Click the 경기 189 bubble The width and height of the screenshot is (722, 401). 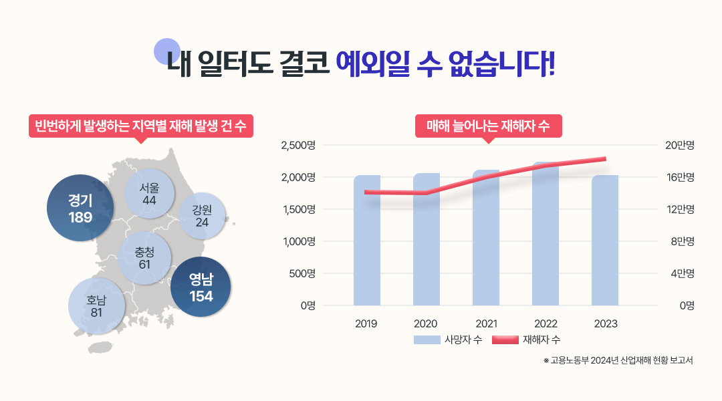pyautogui.click(x=80, y=208)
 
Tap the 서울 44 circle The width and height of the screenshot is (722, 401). pyautogui.click(x=150, y=194)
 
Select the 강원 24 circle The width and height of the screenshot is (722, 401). pyautogui.click(x=203, y=216)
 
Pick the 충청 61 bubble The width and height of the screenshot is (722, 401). pyautogui.click(x=144, y=257)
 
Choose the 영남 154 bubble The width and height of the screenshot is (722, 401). pyautogui.click(x=201, y=287)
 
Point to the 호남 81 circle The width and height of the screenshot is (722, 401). pyautogui.click(x=96, y=305)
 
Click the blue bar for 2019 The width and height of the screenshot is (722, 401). pyautogui.click(x=367, y=241)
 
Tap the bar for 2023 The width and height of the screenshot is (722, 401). pyautogui.click(x=605, y=241)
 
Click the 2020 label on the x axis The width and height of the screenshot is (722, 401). pyautogui.click(x=426, y=323)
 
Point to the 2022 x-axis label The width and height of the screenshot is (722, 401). pyautogui.click(x=546, y=323)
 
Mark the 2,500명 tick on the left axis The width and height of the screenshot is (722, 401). pyautogui.click(x=297, y=145)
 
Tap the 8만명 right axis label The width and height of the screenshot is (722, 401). pyautogui.click(x=683, y=241)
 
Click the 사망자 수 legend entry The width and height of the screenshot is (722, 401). pyautogui.click(x=448, y=340)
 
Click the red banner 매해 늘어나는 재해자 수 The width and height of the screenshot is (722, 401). pyautogui.click(x=488, y=126)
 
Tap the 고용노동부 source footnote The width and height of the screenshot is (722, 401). pyautogui.click(x=618, y=361)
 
